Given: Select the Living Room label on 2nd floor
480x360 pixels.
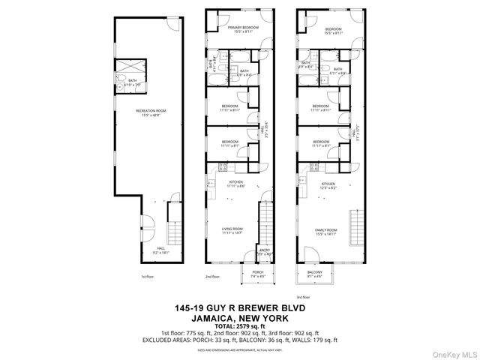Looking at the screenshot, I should tap(232, 231).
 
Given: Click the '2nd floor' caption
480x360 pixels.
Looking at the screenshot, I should tap(213, 277).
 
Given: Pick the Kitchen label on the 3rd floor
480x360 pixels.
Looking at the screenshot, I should tap(328, 184).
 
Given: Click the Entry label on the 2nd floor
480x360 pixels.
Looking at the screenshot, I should tap(265, 252).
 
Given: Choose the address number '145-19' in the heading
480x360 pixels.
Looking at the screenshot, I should tap(187, 308).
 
